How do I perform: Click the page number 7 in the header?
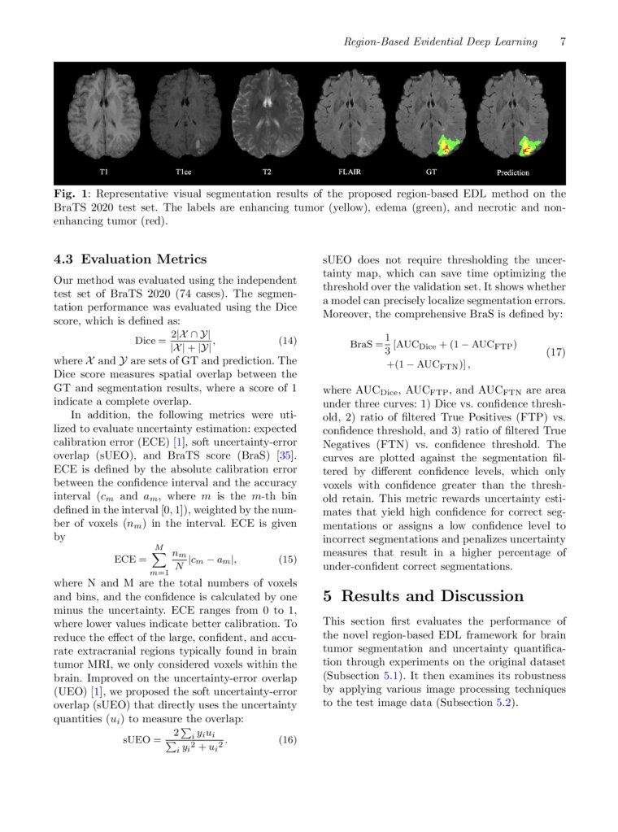563,41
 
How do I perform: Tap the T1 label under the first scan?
103,172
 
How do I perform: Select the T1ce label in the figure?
182,172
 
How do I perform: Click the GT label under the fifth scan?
431,172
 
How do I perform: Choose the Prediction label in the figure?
512,172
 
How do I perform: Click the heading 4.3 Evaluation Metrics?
130,259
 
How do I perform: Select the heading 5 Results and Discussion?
424,596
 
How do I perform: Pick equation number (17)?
555,352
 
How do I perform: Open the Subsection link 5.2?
504,703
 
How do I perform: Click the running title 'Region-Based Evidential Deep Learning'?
440,41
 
